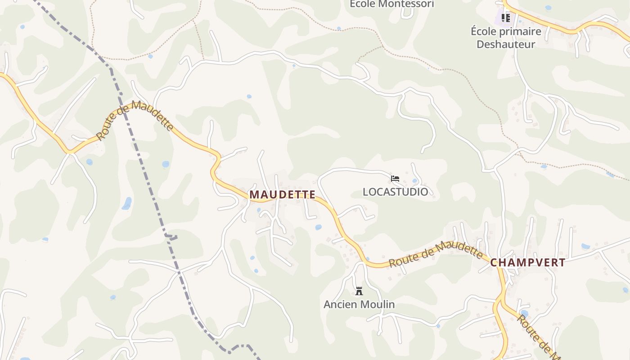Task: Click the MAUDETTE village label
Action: point(282,194)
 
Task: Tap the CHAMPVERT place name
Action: point(527,263)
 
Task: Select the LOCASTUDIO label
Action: point(395,192)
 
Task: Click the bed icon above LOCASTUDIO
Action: point(395,179)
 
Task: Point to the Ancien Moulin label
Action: point(359,304)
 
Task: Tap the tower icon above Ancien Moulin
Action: point(359,291)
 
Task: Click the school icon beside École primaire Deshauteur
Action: point(505,18)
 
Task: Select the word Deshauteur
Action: point(506,44)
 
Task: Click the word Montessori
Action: point(406,4)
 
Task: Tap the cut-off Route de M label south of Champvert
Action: point(538,335)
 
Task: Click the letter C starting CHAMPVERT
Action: point(494,263)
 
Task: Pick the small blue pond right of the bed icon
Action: point(414,181)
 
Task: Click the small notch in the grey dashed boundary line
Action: point(171,237)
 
